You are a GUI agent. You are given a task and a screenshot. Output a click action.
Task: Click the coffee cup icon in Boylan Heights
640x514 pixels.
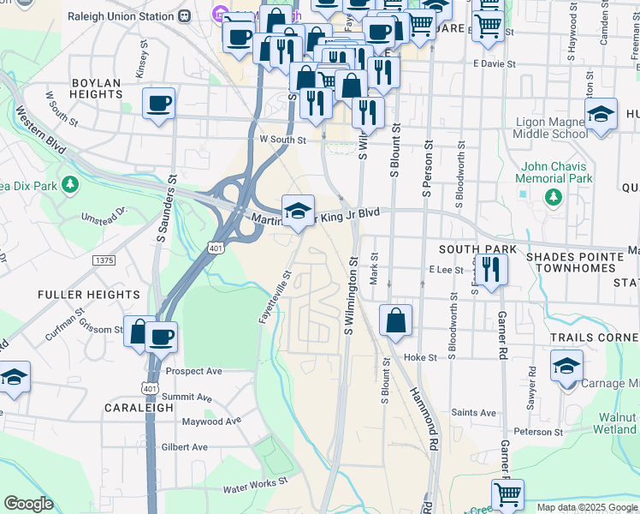tap(159, 105)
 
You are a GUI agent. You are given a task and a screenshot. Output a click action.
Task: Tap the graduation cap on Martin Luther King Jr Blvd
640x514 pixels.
tap(298, 211)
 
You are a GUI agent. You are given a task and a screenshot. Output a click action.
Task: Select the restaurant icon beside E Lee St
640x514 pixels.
tap(491, 270)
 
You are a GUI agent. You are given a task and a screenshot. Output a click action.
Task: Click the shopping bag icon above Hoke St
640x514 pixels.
tap(395, 322)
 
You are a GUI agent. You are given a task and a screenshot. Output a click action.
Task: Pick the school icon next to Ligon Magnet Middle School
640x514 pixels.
tap(601, 115)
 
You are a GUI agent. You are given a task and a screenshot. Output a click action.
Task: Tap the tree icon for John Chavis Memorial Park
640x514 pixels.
tap(554, 197)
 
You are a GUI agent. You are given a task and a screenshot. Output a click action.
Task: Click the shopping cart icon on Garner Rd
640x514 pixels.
tap(507, 494)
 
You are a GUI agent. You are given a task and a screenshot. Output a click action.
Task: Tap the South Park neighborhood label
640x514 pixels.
tap(477, 249)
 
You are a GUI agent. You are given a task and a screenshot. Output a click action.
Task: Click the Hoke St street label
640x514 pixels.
tap(420, 357)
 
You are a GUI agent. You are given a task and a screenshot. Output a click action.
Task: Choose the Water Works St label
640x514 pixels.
tap(258, 489)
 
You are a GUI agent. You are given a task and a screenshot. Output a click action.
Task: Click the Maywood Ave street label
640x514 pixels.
tap(211, 421)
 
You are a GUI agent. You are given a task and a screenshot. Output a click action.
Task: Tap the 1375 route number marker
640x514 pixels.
tap(105, 260)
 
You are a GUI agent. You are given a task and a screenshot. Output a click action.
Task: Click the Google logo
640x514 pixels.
tap(28, 504)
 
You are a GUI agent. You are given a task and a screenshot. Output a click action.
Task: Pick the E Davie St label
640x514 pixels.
tap(494, 64)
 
